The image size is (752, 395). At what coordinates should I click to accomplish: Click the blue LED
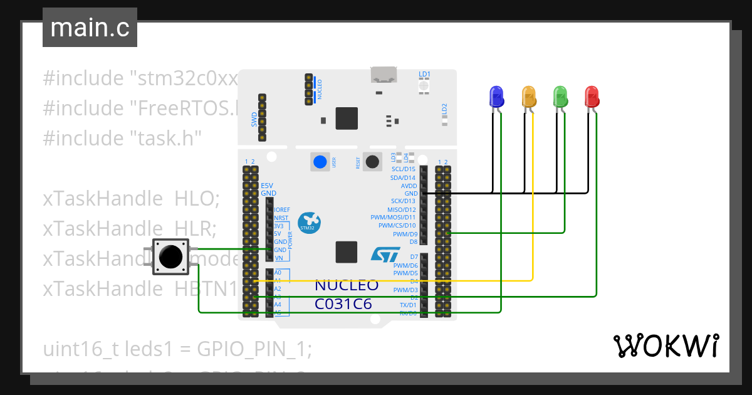496,97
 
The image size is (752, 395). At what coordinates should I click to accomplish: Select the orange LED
529,97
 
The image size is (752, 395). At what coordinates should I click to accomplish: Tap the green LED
560,97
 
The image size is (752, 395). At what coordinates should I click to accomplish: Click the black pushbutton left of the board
170,256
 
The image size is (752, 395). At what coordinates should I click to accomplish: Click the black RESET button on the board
373,162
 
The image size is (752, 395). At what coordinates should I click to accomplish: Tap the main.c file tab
90,28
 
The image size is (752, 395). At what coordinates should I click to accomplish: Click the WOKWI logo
666,345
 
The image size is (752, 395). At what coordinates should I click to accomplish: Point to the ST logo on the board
385,253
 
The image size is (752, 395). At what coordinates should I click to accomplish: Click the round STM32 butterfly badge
309,222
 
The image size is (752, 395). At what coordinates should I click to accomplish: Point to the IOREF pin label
282,209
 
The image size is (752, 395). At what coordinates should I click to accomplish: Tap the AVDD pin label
409,186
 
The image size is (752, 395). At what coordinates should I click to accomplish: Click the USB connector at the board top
384,75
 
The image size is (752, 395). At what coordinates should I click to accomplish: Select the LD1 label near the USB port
424,74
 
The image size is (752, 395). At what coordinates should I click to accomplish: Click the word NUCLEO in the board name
346,285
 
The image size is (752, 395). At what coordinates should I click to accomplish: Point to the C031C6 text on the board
343,304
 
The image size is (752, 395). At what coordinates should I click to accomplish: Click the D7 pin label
414,257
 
